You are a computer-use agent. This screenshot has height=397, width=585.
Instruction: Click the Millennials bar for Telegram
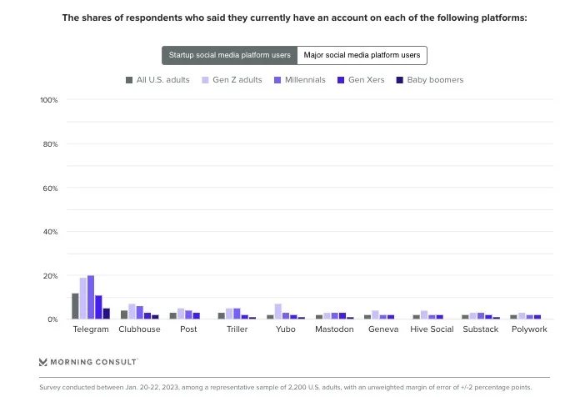coord(91,298)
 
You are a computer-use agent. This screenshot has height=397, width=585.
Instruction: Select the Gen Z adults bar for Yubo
coord(278,312)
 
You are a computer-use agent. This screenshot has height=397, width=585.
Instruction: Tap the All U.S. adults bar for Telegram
coord(75,306)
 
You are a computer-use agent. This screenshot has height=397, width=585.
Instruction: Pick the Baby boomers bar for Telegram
coord(107,314)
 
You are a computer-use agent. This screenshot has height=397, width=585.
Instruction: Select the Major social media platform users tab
coord(362,55)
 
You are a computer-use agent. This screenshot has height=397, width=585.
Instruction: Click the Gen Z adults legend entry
coord(231,80)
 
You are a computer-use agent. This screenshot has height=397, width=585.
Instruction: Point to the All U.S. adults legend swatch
coord(129,80)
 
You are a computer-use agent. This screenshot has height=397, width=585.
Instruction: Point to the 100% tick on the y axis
coord(48,100)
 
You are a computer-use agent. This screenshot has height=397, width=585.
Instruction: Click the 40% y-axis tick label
coord(48,232)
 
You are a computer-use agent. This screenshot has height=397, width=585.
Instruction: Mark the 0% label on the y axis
coord(51,319)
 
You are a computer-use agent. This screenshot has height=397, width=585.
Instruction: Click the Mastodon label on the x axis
coord(335,329)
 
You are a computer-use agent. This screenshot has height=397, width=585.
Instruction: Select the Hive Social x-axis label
coord(432,329)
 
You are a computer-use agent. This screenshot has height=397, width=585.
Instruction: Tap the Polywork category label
coord(529,329)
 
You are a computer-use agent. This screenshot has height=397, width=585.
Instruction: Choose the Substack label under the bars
coord(481,329)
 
